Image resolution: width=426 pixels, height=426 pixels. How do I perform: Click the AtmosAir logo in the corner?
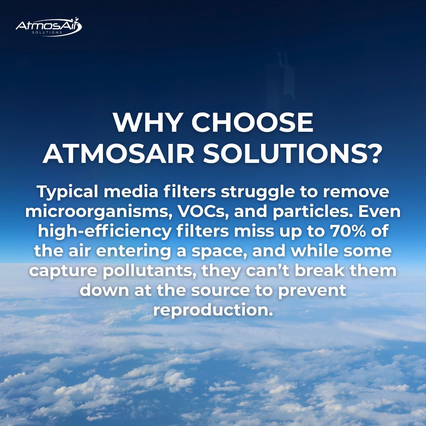49,27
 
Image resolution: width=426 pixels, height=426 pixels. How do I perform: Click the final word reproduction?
213,310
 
